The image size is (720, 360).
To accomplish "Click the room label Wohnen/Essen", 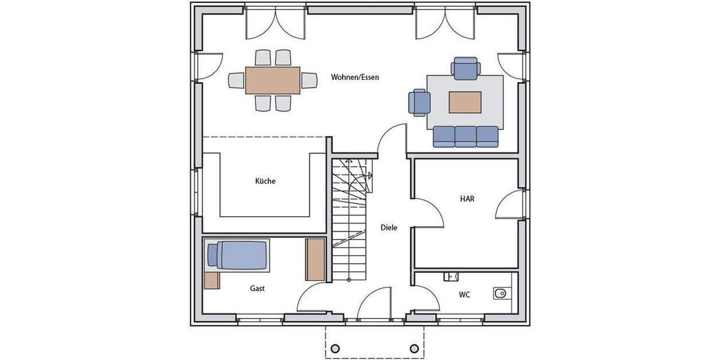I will [x=355, y=77].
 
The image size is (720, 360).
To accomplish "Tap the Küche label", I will [x=265, y=181].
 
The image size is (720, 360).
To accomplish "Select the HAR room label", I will [x=467, y=199].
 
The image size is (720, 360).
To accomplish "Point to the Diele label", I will [x=389, y=228].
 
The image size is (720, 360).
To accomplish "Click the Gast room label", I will [x=257, y=289].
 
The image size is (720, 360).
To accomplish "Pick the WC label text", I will [x=464, y=295].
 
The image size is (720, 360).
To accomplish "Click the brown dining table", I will [x=272, y=80].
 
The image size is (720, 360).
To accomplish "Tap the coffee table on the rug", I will [x=465, y=102].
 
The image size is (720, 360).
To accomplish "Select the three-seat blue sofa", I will [x=466, y=136].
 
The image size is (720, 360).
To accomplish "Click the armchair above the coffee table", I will [x=466, y=68].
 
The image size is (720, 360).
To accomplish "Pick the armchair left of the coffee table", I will [x=419, y=102].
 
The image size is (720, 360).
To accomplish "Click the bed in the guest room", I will [x=236, y=254].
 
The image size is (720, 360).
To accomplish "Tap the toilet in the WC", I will [x=500, y=293].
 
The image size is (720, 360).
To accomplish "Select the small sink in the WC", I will [x=451, y=276].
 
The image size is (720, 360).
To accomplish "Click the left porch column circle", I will [x=335, y=349].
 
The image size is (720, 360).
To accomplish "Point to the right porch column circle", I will [x=414, y=349].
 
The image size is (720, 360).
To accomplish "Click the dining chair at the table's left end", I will [x=236, y=80].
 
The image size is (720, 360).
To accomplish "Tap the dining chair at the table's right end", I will [x=309, y=80].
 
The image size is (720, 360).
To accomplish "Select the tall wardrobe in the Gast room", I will [x=315, y=259].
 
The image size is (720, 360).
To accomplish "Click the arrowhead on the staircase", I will [x=370, y=176].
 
